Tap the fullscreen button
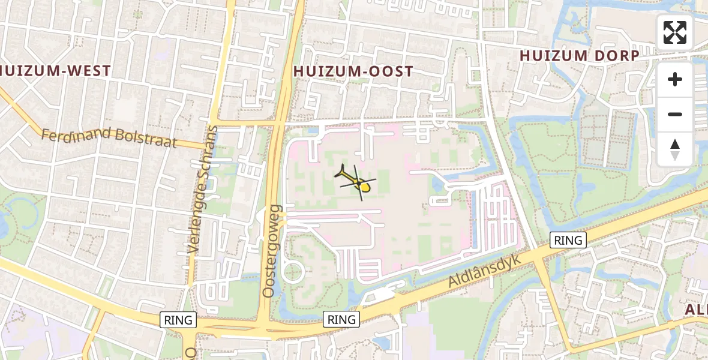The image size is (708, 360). point(675,32)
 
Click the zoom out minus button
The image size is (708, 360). point(675,114)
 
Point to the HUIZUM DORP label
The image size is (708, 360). point(579,56)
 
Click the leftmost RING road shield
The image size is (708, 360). point(179,320)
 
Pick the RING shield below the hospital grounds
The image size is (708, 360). point(342,319)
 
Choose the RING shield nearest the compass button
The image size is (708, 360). point(568,241)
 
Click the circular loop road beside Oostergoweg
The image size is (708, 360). point(293,271)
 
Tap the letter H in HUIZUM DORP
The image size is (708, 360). point(524,56)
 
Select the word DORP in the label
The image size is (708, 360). point(617,56)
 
